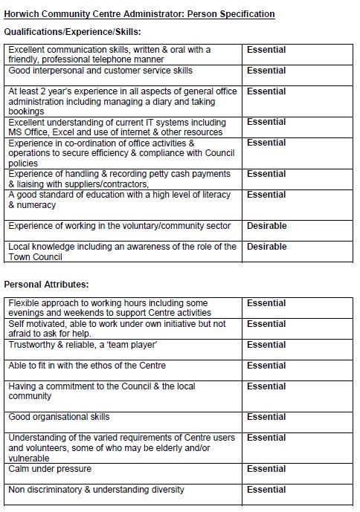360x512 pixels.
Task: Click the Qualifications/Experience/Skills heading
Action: pos(72,31)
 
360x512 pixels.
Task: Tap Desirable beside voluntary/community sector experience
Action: pos(266,226)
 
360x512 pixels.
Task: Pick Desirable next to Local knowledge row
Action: pos(266,247)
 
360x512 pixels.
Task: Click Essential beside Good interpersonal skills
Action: pos(266,71)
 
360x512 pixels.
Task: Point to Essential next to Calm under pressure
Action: pos(266,469)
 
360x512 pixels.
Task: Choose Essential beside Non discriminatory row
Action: pos(266,490)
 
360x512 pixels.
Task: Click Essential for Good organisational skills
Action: pos(266,417)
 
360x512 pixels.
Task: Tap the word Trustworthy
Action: pos(30,345)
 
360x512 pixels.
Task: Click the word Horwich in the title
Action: pos(20,14)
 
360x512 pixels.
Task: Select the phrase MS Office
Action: pos(28,132)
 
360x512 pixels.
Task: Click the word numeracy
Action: pos(34,204)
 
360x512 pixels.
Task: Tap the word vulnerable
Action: pos(28,458)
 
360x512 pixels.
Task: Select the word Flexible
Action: pos(23,303)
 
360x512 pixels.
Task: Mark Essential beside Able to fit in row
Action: pos(266,366)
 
